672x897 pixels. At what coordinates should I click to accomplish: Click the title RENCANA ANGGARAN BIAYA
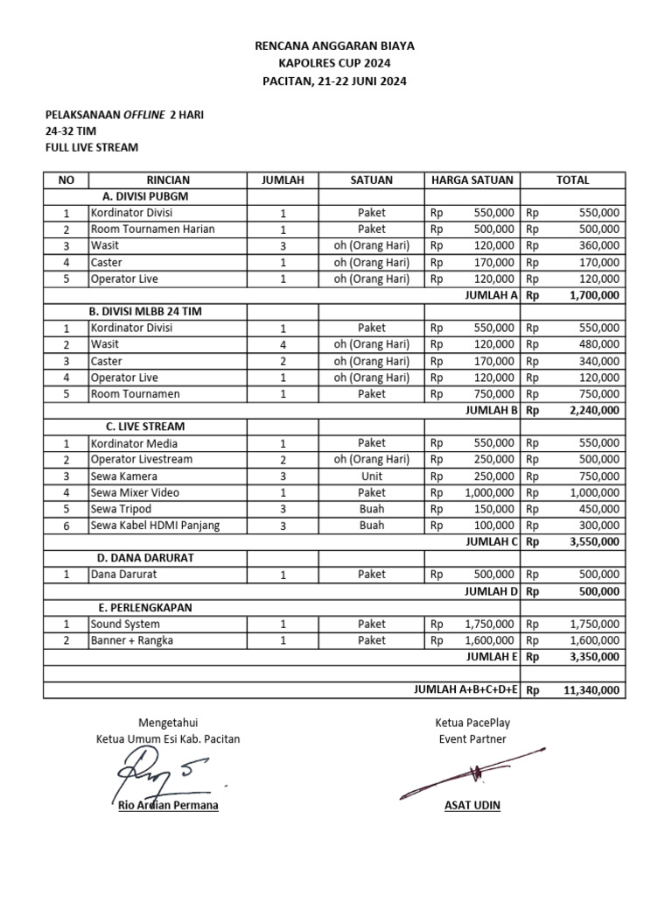click(334, 45)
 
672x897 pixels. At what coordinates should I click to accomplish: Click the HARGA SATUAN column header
click(472, 180)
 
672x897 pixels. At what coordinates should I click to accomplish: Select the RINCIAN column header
click(168, 180)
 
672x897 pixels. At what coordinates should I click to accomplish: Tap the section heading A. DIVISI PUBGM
click(145, 196)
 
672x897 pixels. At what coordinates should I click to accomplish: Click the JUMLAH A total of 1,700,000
click(594, 295)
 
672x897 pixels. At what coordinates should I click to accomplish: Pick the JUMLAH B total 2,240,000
click(594, 410)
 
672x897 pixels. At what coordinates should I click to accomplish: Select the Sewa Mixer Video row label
click(135, 493)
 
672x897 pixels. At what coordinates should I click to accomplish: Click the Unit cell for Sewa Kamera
click(371, 477)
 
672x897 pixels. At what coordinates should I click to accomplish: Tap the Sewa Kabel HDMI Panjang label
click(155, 526)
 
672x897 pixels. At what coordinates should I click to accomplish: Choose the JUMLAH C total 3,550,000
click(594, 542)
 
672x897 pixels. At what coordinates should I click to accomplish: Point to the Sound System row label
click(125, 625)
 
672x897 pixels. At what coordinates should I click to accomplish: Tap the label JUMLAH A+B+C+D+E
click(466, 690)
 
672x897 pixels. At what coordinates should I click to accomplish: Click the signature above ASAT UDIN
click(472, 773)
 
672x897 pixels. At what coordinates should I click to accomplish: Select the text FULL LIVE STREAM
click(92, 148)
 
